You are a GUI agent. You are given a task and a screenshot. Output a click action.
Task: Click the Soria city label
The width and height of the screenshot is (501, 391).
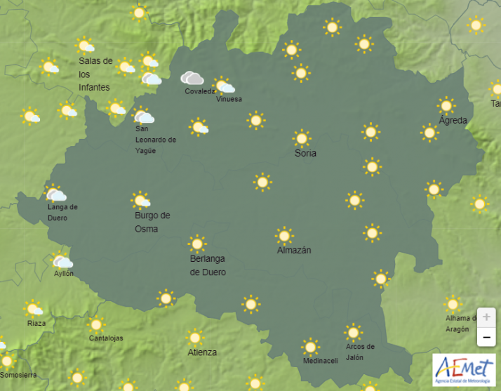click(x=305, y=153)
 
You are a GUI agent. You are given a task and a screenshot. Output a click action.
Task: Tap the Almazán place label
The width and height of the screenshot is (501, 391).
click(x=294, y=250)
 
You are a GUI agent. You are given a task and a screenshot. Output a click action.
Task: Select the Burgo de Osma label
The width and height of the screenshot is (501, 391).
click(x=152, y=222)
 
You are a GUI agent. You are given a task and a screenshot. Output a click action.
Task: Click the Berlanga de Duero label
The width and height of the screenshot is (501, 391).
click(x=208, y=265)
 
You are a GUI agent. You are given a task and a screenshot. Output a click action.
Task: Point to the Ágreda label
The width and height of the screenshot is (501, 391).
click(x=453, y=121)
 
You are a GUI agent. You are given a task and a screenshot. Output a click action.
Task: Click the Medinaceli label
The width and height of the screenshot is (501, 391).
click(x=320, y=361)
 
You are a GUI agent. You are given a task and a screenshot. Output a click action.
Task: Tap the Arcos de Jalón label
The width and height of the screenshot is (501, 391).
click(x=360, y=351)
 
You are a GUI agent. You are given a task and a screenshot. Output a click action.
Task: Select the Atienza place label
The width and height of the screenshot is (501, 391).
click(x=202, y=352)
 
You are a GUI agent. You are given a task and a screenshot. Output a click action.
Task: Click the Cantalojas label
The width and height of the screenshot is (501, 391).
click(x=106, y=338)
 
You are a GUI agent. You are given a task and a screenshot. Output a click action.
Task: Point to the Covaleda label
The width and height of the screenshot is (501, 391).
click(x=201, y=92)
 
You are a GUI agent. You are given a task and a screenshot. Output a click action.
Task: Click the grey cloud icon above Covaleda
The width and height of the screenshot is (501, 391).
click(x=192, y=78)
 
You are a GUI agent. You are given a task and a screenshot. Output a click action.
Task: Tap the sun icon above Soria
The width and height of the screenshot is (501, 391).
click(x=302, y=138)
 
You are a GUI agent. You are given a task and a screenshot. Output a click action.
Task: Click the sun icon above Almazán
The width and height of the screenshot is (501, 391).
click(x=284, y=235)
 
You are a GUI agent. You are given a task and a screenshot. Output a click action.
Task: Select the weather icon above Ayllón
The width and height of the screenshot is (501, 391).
click(x=63, y=261)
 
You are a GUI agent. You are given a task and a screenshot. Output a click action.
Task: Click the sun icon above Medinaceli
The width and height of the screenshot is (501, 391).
click(x=310, y=346)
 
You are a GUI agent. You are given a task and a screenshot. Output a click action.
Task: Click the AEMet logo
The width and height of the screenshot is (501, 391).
click(x=463, y=369)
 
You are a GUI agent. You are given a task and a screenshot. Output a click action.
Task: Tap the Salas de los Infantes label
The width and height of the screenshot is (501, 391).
click(x=95, y=74)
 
